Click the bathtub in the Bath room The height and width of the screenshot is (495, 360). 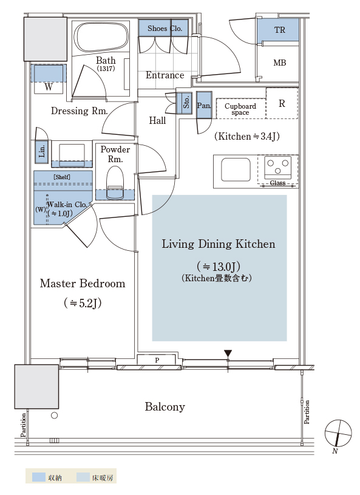click(102, 37)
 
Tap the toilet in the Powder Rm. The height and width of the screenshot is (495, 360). click(115, 183)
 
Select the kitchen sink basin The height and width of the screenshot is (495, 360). click(236, 170)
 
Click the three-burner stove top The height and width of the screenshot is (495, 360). click(277, 167)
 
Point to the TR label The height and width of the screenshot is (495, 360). click(279, 30)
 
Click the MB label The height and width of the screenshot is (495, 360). click(279, 63)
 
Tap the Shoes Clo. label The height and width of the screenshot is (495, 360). click(165, 29)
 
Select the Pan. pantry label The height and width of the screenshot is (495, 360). click(204, 106)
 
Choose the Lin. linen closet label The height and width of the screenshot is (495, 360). click(41, 151)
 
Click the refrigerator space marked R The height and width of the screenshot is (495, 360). click(282, 103)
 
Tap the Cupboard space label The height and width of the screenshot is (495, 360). click(240, 109)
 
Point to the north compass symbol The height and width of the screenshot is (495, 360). click(338, 434)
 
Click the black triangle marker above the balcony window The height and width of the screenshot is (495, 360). click(228, 353)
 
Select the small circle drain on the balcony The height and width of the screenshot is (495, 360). click(54, 415)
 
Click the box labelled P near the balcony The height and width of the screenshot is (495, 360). click(156, 360)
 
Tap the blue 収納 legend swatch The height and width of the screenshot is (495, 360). click(39, 477)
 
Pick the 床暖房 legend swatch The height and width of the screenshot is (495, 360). click(83, 477)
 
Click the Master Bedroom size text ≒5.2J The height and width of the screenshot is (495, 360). click(83, 303)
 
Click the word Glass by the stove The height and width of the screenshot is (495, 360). click(277, 183)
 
